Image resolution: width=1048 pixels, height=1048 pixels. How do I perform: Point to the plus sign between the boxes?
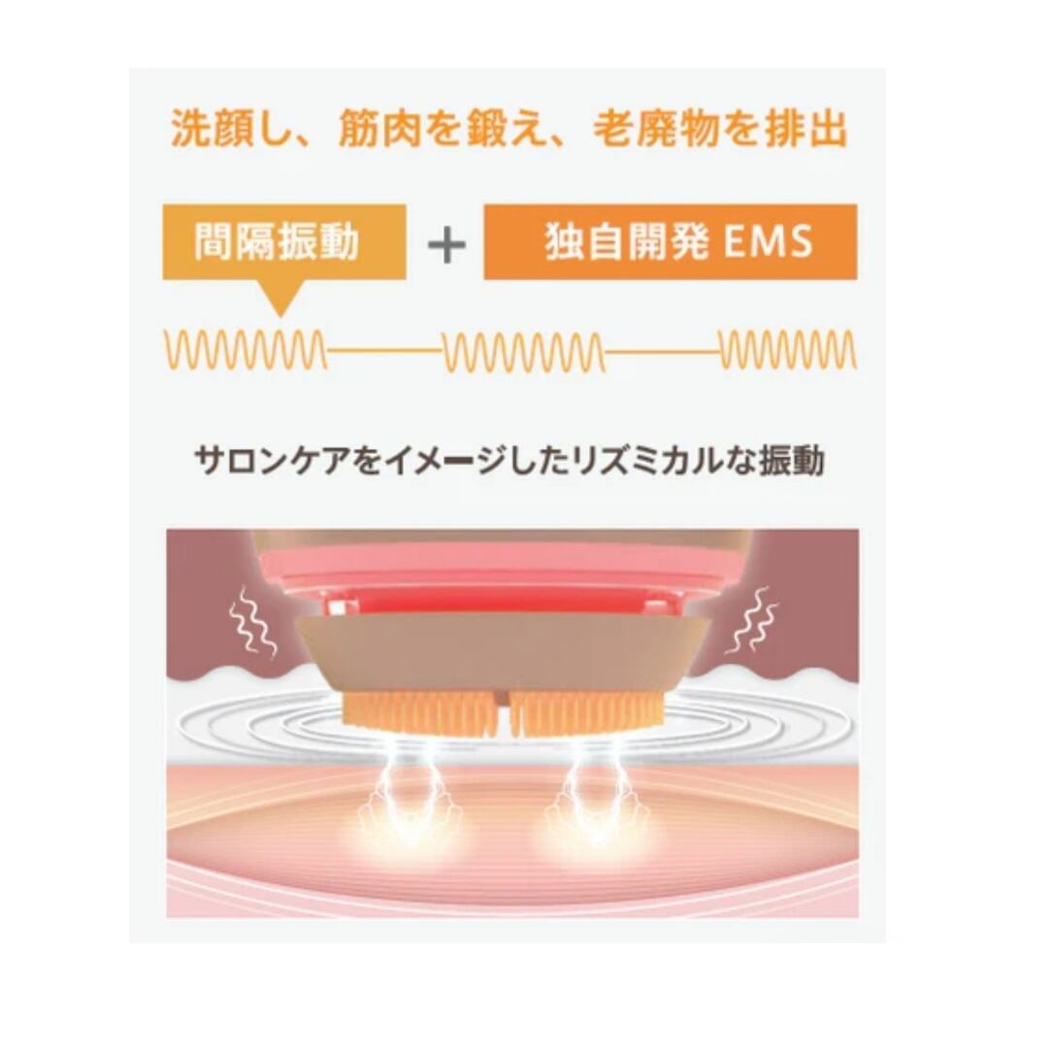tap(446, 244)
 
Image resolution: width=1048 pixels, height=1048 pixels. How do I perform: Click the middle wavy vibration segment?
tap(524, 350)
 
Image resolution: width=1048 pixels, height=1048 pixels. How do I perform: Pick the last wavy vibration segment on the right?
tap(788, 350)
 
